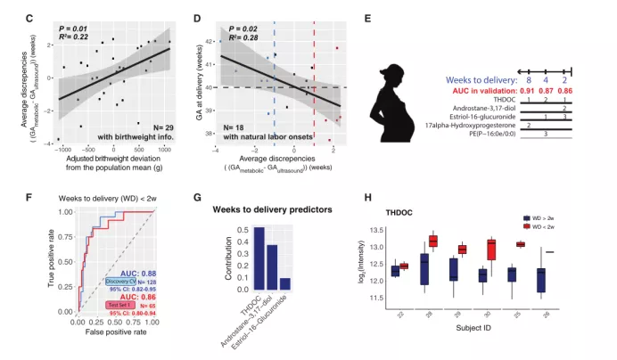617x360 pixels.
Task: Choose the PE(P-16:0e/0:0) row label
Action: point(484,137)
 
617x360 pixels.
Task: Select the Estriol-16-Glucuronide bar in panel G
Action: point(285,283)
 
